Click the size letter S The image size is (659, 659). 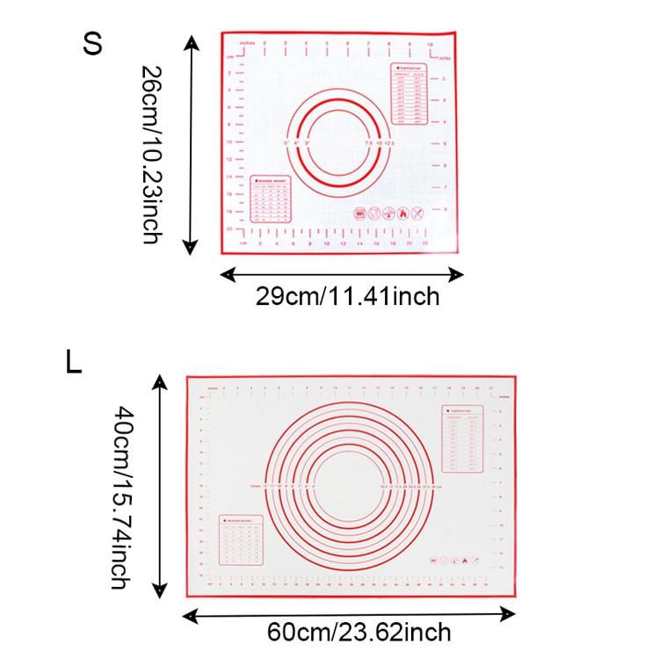[x=92, y=45]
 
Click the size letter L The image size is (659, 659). [x=73, y=361]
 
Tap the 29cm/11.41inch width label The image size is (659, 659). [x=347, y=296]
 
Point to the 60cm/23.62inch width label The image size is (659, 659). [x=360, y=631]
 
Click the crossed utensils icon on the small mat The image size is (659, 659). [x=416, y=214]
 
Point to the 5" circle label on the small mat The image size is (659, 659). [x=286, y=141]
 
